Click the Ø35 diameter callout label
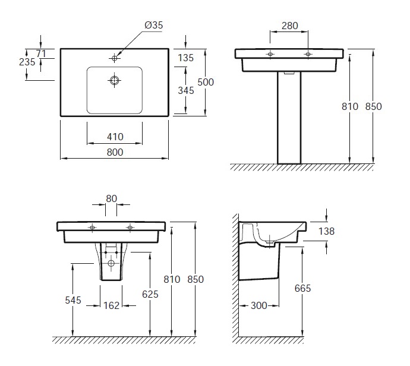154,25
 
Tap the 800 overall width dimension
115,152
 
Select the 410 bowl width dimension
115,137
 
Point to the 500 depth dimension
206,82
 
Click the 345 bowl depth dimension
186,90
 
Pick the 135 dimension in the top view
185,58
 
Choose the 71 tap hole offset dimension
41,53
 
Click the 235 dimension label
27,62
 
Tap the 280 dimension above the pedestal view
290,26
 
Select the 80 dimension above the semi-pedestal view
111,198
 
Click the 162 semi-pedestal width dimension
111,305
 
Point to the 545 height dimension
73,300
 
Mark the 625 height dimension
150,294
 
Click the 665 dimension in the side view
302,288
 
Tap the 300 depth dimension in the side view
259,305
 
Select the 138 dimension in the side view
326,231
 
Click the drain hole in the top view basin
114,80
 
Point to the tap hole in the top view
114,58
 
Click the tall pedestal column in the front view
289,118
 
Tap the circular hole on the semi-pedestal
111,263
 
